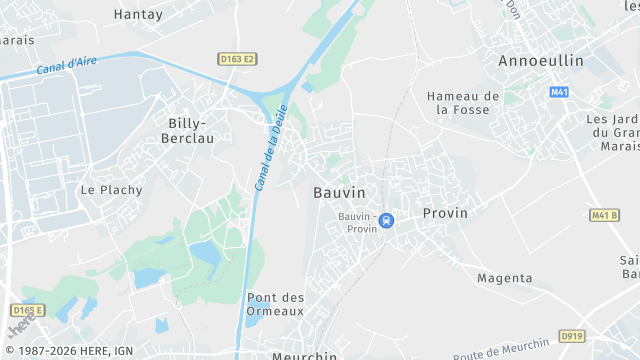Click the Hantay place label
coord(138,15)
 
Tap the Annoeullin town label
coord(541,61)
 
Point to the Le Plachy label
coord(111,189)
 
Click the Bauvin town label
coord(339,192)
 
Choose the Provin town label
coord(445,213)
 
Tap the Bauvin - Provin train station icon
coord(387,220)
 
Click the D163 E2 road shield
coord(237,60)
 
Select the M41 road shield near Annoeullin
coord(559,92)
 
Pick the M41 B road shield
coord(603,215)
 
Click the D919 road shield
coord(572,336)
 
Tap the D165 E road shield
coord(30,311)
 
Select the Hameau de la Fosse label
coord(462,103)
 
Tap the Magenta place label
coord(504,278)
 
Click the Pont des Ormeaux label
coord(275,304)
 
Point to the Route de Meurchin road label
coord(500,348)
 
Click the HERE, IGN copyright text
coord(75,351)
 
